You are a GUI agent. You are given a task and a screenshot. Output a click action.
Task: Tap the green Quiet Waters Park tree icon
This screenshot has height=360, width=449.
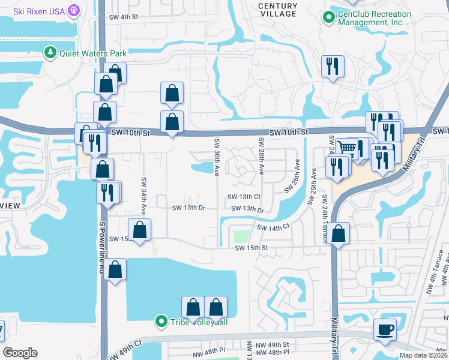pos(50,53)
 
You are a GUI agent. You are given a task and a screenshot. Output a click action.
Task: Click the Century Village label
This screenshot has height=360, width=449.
pos(277,10)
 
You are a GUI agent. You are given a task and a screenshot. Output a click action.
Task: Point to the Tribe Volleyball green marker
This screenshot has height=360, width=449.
pos(160,322)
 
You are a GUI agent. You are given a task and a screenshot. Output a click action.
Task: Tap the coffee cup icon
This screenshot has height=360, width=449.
pos(384,328)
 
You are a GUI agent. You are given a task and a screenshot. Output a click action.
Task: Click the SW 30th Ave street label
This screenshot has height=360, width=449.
pos(216,157)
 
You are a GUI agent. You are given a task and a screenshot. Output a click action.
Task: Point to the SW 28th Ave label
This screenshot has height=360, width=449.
pos(261,156)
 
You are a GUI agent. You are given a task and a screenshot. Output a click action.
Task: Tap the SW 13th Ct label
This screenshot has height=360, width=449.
pos(243,197)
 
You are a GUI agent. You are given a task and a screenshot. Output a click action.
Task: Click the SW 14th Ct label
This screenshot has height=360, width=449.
pos(273,227)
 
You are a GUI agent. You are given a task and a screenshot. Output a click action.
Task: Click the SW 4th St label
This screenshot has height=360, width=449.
pos(124,17)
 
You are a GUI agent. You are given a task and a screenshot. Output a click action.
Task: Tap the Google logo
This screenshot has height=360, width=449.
pos(20,353)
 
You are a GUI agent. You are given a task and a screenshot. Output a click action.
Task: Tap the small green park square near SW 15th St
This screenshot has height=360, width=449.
pos(241,237)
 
